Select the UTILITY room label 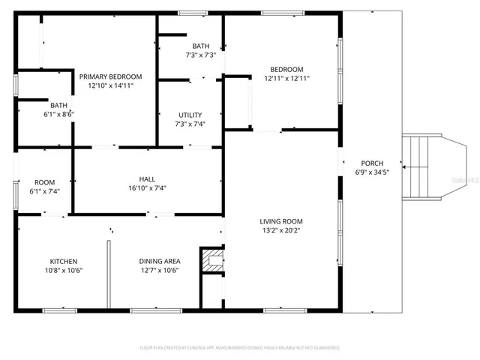pos(190,115)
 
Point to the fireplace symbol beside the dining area pos(212,261)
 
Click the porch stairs pos(421,167)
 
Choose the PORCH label pos(372,163)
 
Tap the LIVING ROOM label pos(281,221)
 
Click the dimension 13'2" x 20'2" pos(281,231)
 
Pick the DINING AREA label pos(159,261)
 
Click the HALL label pos(147,178)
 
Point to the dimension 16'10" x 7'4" pos(147,188)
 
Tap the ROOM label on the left pos(44,182)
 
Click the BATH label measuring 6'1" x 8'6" pos(59,105)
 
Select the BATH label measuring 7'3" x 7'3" pos(200,46)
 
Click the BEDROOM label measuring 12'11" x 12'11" pos(286,69)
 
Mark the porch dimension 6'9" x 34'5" pos(372,172)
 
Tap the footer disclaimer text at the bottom pos(240,348)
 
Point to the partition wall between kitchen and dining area pos(109,274)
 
